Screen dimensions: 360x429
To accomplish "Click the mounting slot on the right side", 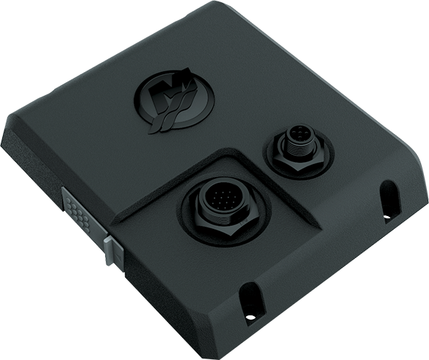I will click(389, 199).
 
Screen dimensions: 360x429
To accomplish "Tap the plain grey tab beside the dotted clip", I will click(112, 249).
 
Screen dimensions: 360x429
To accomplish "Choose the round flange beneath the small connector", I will click(317, 155).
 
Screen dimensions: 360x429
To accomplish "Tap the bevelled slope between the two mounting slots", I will click(324, 266).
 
